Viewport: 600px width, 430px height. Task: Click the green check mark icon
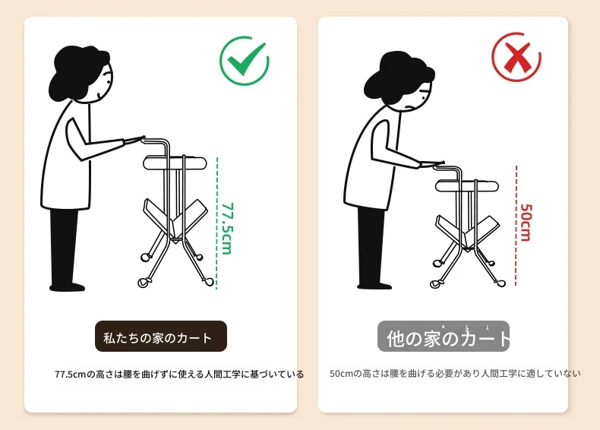coord(244,61)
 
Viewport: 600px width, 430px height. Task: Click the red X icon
coord(516,57)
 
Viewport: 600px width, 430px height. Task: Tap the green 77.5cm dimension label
coord(227,229)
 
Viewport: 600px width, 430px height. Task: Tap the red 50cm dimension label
coord(526,223)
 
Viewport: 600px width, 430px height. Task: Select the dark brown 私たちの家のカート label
coord(161,337)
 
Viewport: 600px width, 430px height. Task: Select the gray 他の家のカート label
coord(444,337)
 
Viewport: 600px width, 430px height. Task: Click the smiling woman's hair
coord(74,73)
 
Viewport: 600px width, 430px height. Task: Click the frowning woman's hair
coord(394,77)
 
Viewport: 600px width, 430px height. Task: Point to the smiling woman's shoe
coord(68,287)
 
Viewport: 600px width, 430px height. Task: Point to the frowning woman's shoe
coord(374,286)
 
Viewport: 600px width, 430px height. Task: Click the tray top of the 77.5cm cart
coord(175,163)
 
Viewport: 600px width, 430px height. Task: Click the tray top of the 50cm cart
coord(467,186)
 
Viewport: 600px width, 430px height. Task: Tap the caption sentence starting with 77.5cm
coord(179,374)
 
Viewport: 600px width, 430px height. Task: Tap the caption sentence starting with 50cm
coord(455,373)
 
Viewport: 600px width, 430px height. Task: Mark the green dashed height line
coord(217,223)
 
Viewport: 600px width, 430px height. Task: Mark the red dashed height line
coord(516,226)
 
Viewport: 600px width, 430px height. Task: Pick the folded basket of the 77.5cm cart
coord(175,219)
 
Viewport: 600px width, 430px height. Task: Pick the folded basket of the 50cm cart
coord(468,232)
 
